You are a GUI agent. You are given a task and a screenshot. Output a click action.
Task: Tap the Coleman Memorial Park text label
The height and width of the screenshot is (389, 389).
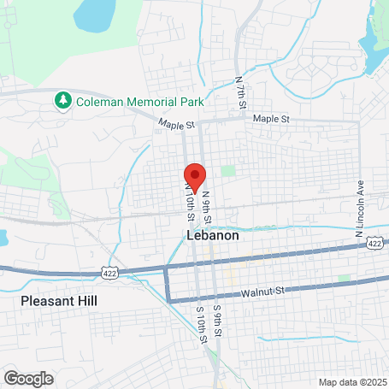point(140,101)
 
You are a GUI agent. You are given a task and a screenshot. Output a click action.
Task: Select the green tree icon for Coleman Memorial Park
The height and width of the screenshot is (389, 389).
point(63,101)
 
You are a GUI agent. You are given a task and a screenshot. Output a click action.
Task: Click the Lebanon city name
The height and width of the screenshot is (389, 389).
point(212,234)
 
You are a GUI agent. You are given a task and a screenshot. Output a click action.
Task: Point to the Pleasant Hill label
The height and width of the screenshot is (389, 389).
point(59,302)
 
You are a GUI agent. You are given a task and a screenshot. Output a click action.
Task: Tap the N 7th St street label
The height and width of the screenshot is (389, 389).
point(241,93)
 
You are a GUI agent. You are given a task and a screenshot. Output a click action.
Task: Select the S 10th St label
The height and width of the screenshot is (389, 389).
point(202,321)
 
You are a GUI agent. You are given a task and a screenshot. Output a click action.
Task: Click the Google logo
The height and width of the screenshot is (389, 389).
point(28,378)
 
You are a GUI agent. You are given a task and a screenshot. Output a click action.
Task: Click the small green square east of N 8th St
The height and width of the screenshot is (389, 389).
point(228,171)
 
